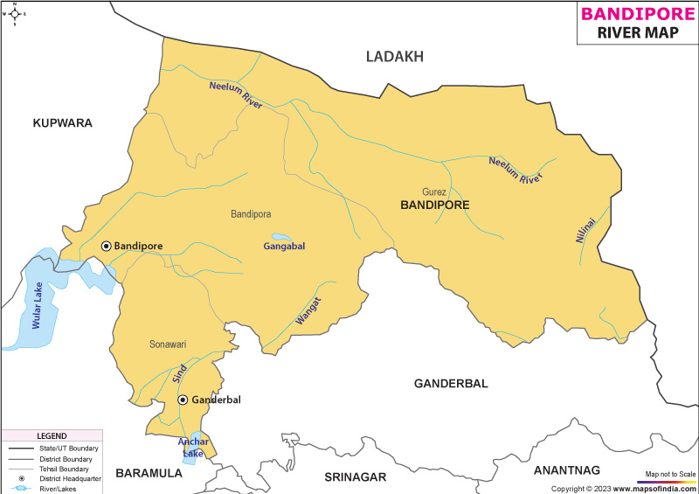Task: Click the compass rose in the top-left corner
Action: pyautogui.click(x=15, y=13)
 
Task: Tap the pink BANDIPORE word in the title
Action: pyautogui.click(x=638, y=13)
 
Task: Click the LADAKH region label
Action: pyautogui.click(x=394, y=57)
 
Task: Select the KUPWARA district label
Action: pyautogui.click(x=62, y=123)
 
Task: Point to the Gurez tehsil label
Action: pyautogui.click(x=434, y=191)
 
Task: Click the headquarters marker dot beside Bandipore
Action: pyautogui.click(x=106, y=247)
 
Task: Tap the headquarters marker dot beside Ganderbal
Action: pyautogui.click(x=183, y=400)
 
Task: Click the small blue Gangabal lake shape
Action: pyautogui.click(x=281, y=237)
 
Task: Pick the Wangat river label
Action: pyautogui.click(x=308, y=312)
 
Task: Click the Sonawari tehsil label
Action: pyautogui.click(x=168, y=344)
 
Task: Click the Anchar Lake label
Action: pyautogui.click(x=193, y=447)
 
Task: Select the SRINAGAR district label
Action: pyautogui.click(x=355, y=477)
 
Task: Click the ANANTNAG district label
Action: pyautogui.click(x=567, y=470)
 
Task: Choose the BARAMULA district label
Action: pyautogui.click(x=149, y=473)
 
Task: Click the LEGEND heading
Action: pyautogui.click(x=52, y=435)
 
